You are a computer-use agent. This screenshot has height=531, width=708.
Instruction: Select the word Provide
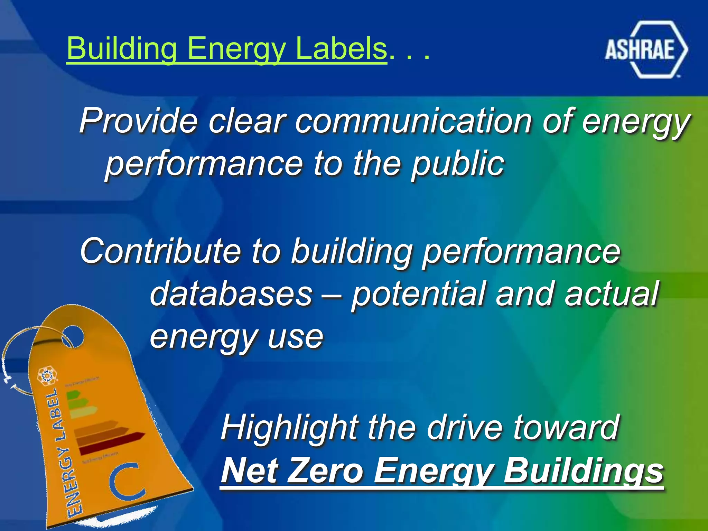click(138, 121)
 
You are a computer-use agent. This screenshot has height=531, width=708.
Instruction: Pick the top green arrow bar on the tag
click(73, 394)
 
